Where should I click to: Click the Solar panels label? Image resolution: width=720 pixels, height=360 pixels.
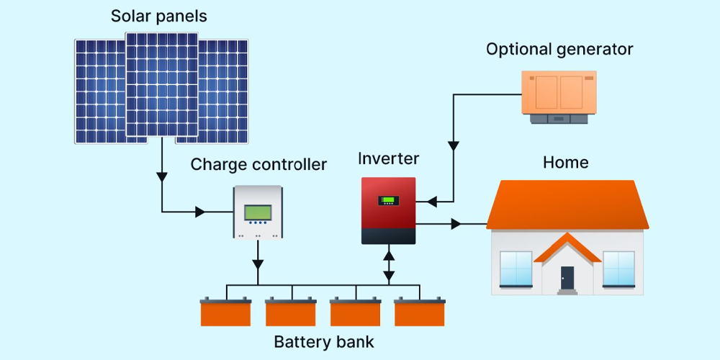point(158,16)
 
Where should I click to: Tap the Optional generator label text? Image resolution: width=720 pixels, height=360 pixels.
point(559,50)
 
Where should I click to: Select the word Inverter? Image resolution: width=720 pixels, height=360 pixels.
point(388,158)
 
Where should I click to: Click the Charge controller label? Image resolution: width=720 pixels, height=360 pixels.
point(258,165)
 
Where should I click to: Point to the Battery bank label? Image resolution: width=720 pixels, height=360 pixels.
point(324,341)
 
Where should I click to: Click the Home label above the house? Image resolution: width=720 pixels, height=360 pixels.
point(565,163)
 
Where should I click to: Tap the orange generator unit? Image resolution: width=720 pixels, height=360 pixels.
point(559,94)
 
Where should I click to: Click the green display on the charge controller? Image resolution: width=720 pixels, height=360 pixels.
point(258,212)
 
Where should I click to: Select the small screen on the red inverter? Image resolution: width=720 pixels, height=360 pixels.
point(389,199)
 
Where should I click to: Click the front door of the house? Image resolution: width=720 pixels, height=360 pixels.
point(567,278)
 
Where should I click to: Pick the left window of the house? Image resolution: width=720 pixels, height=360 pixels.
point(516,269)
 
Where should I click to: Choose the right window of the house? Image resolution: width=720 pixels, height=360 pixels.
point(618,269)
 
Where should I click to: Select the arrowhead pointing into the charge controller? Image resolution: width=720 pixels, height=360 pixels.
point(201,212)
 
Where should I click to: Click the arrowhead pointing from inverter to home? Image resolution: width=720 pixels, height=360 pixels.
point(456,225)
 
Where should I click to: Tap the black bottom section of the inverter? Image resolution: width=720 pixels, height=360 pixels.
point(388,236)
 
